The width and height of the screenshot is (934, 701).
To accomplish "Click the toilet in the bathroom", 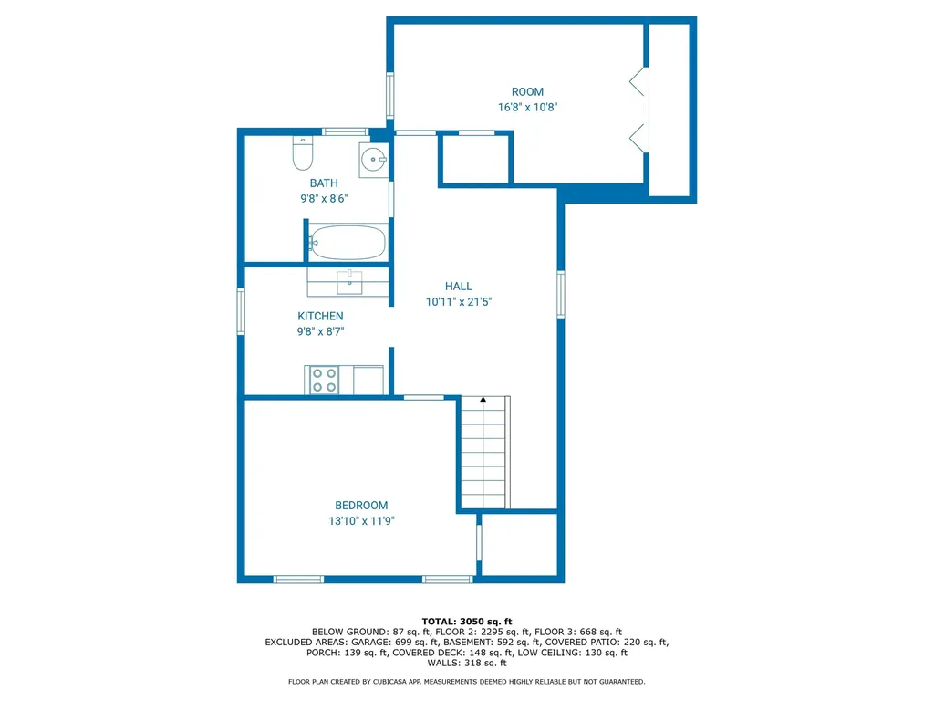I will (x=303, y=153).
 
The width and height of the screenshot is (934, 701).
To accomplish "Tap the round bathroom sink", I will (x=374, y=161).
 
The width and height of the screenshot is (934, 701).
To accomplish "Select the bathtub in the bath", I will (x=347, y=243).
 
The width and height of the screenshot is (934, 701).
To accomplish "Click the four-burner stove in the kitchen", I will (x=322, y=380).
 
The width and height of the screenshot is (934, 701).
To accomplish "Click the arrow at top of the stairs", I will (x=483, y=400).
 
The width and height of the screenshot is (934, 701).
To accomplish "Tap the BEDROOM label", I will (x=361, y=506).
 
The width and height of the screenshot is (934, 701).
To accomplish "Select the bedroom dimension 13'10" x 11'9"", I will (x=361, y=521).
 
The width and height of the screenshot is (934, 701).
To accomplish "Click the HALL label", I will (x=459, y=287).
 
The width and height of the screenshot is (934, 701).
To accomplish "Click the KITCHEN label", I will (x=320, y=317).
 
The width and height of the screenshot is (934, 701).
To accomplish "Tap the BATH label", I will (x=323, y=183).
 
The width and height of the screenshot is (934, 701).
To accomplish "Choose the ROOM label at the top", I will (x=527, y=91).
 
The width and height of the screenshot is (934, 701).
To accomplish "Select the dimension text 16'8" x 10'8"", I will (x=527, y=107).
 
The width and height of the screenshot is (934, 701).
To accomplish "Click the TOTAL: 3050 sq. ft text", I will (x=466, y=620).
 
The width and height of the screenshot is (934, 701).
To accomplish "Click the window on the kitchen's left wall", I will (x=242, y=311).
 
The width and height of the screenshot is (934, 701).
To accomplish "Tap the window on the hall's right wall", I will (x=561, y=294).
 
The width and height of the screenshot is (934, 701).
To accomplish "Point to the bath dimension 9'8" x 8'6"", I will (x=323, y=198).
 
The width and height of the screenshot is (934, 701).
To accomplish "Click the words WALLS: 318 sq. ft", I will (x=466, y=664).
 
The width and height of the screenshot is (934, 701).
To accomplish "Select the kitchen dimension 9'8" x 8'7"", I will (x=320, y=332).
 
